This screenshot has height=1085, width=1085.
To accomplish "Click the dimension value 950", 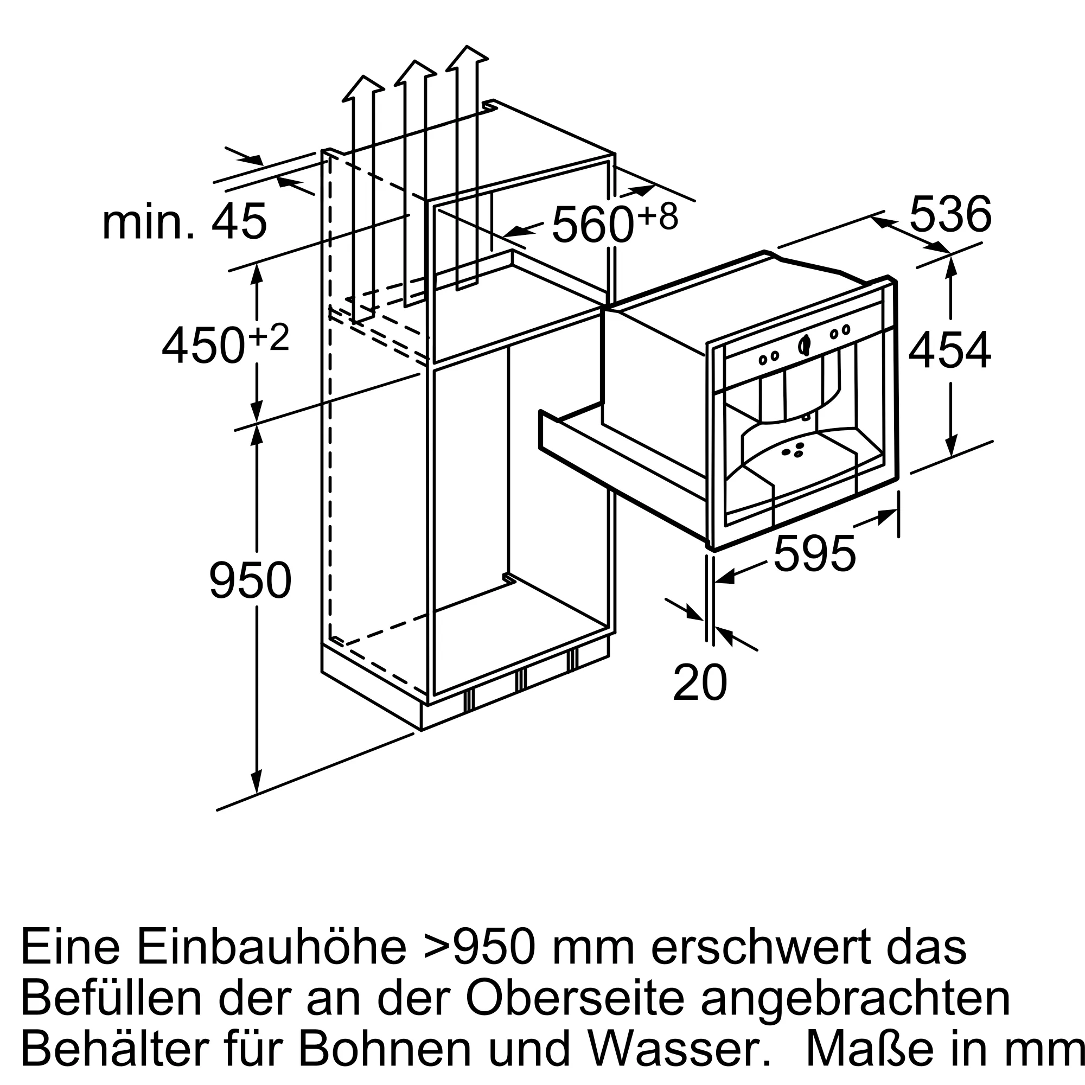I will tap(251, 580).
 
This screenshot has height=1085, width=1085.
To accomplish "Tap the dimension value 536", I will tap(950, 214).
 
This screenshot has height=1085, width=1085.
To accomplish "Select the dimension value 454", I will tap(950, 350).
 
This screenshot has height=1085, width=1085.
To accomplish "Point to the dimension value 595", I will tap(814, 554).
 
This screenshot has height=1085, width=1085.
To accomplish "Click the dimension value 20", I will tap(700, 683).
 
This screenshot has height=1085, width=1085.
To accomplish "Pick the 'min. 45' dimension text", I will tap(184, 222).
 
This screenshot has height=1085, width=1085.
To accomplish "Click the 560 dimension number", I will tap(592, 225).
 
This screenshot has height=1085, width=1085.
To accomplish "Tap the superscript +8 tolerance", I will tap(658, 216).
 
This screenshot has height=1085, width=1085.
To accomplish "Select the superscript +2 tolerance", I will tap(269, 337).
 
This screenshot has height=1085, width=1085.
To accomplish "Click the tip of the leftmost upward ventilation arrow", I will tap(363, 76).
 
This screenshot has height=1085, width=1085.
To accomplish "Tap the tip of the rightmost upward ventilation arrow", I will tap(467, 46).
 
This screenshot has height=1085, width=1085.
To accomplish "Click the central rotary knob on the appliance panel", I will tap(804, 346).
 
